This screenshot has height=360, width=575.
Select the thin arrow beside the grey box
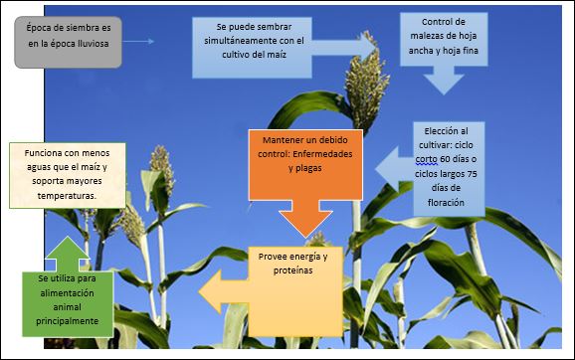pos(139,42)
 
